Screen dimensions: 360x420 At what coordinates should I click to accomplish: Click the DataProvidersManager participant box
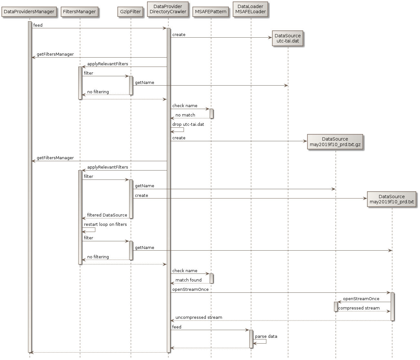coord(29,12)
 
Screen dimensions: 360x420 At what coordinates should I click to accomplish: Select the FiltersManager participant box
coord(79,12)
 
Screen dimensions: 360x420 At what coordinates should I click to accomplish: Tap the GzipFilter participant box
coord(130,12)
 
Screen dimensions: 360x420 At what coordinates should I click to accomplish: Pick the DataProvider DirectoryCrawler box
coord(168,9)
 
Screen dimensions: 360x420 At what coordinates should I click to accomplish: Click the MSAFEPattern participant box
coord(211,12)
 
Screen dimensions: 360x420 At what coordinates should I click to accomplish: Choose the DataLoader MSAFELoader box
coord(251,9)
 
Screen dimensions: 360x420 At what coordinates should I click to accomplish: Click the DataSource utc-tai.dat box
coord(288,38)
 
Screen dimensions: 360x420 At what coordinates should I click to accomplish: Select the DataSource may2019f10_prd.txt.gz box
coord(335,142)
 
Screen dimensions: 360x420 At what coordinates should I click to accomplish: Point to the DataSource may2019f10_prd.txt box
coord(391,199)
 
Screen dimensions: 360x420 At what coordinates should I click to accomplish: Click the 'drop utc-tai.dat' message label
coord(188,124)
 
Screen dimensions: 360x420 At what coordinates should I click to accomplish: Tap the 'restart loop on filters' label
coord(105,224)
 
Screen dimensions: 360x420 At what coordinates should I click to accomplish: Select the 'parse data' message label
coord(266,336)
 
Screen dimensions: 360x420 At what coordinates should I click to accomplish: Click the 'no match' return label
coord(185,115)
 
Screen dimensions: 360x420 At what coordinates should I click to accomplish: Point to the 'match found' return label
coord(188,280)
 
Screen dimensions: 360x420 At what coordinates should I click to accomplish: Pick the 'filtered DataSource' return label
coord(107,215)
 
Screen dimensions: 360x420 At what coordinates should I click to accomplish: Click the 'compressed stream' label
coord(359,308)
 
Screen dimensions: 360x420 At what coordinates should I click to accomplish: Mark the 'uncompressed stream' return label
coord(199,317)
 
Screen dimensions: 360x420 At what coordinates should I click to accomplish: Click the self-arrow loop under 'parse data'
coord(262,342)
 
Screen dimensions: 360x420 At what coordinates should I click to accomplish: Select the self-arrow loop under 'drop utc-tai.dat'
coord(179,130)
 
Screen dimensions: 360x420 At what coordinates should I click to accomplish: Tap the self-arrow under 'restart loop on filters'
coord(91,230)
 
